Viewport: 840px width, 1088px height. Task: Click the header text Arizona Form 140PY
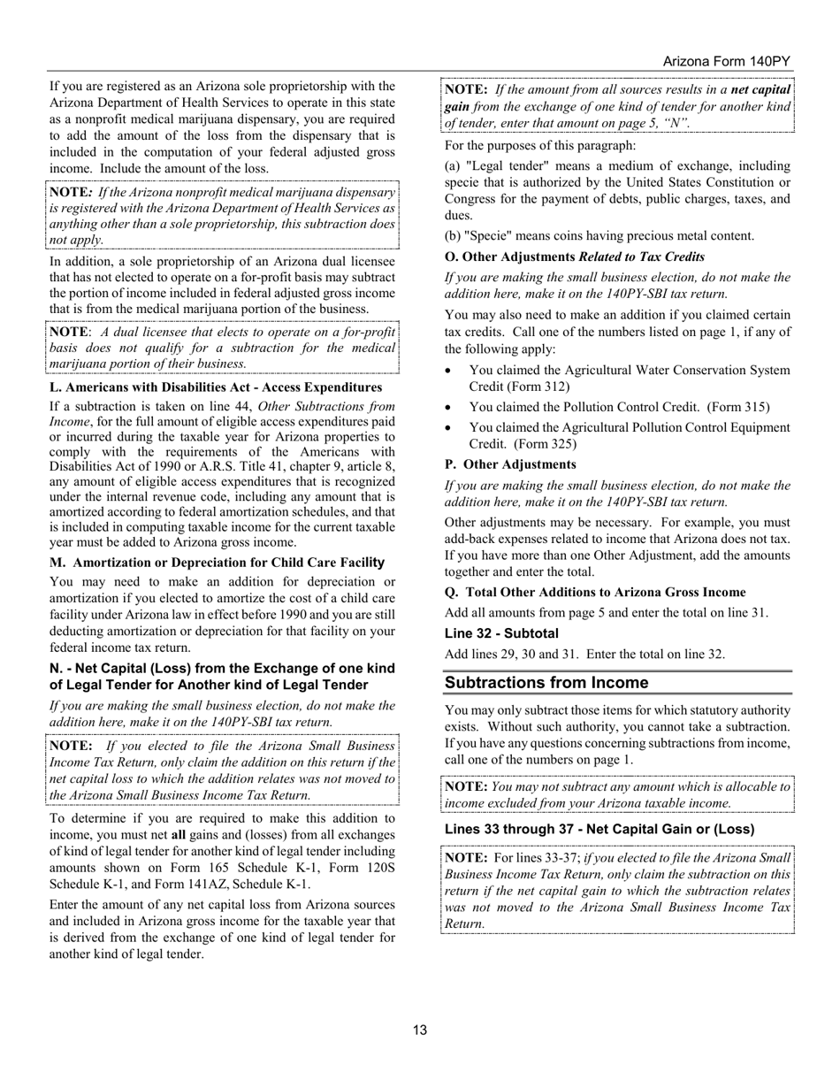[x=726, y=61]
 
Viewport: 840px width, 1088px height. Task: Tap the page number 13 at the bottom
[x=420, y=1030]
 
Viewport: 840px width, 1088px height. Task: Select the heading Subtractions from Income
[x=546, y=683]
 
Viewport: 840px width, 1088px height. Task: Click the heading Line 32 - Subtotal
[x=501, y=633]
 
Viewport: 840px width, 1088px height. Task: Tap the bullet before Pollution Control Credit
[x=450, y=408]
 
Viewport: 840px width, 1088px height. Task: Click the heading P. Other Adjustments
[x=510, y=464]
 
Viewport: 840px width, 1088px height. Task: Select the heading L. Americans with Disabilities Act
[x=216, y=387]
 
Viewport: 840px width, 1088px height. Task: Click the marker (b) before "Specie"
[x=454, y=236]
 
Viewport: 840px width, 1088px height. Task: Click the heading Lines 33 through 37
[x=599, y=829]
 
